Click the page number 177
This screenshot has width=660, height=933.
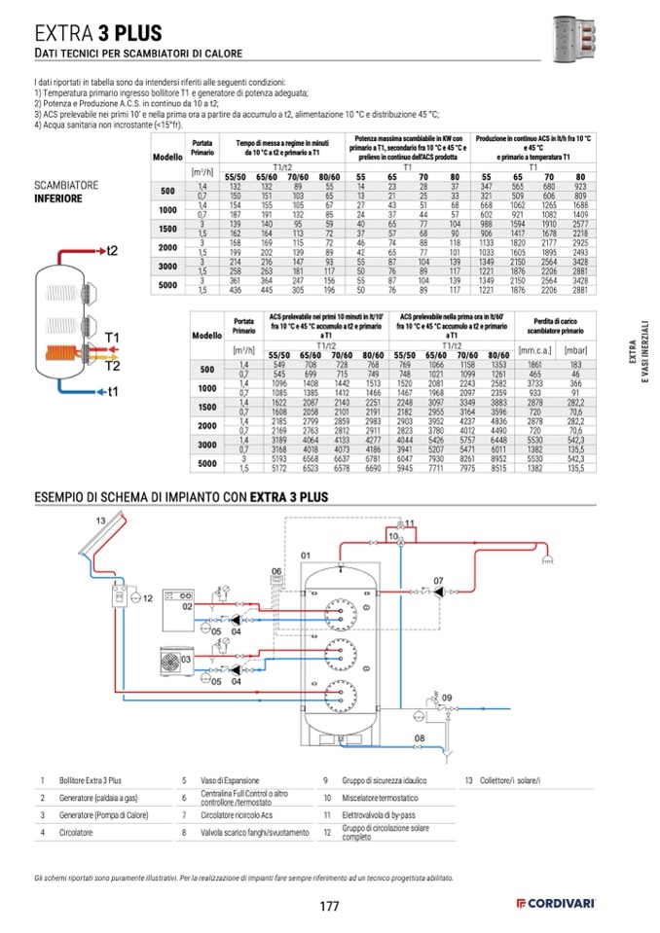point(329,907)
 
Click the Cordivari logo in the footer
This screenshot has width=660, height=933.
point(558,906)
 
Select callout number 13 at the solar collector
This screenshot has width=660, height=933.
point(100,521)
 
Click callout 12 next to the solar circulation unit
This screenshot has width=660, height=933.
point(148,598)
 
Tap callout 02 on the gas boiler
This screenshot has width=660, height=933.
point(189,607)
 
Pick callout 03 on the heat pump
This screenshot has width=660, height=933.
point(162,660)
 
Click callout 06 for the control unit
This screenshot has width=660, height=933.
point(275,570)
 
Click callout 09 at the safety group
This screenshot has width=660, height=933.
point(447,699)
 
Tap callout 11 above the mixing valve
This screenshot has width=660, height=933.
point(410,523)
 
